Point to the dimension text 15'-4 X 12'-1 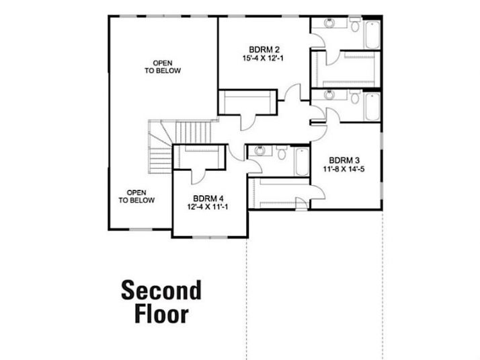(x=263, y=58)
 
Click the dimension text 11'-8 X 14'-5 (x=344, y=169)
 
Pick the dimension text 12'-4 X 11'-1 (x=208, y=207)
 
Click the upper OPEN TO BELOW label (x=163, y=67)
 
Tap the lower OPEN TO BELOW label (x=136, y=196)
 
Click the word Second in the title (x=161, y=290)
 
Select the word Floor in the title (x=161, y=314)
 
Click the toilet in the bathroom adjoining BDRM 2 (x=355, y=24)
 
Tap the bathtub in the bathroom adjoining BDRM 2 (x=372, y=34)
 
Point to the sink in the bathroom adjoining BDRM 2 (x=329, y=24)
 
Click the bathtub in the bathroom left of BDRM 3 (x=302, y=161)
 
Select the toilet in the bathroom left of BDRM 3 (x=282, y=153)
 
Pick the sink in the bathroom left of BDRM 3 (x=260, y=151)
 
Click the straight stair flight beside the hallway (x=194, y=132)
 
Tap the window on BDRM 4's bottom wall (x=210, y=237)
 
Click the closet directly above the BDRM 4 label (x=200, y=157)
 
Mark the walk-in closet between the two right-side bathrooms (x=346, y=69)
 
